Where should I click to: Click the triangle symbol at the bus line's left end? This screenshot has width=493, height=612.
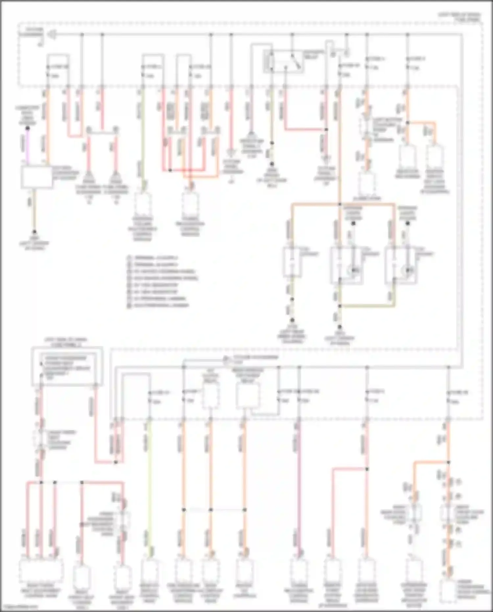tap(53, 34)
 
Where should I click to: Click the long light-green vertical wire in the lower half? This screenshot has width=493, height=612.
tap(150, 487)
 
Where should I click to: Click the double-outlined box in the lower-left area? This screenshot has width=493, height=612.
tap(67, 366)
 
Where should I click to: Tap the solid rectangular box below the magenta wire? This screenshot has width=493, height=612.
tap(37, 177)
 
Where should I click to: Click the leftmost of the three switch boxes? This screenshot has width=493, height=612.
tap(292, 262)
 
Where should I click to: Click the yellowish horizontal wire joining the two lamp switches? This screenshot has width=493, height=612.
tap(367, 306)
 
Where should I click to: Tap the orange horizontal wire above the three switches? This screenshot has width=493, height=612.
tap(342, 205)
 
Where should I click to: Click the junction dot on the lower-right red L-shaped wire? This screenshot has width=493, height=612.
tap(367, 469)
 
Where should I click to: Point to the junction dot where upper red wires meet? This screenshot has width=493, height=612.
tap(170, 170)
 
